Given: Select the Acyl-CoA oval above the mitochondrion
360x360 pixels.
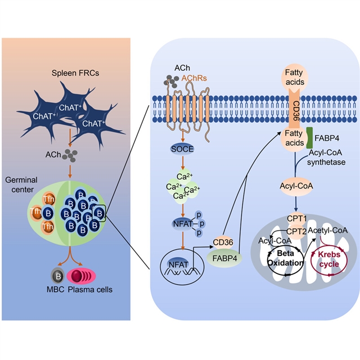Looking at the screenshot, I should (295, 186).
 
